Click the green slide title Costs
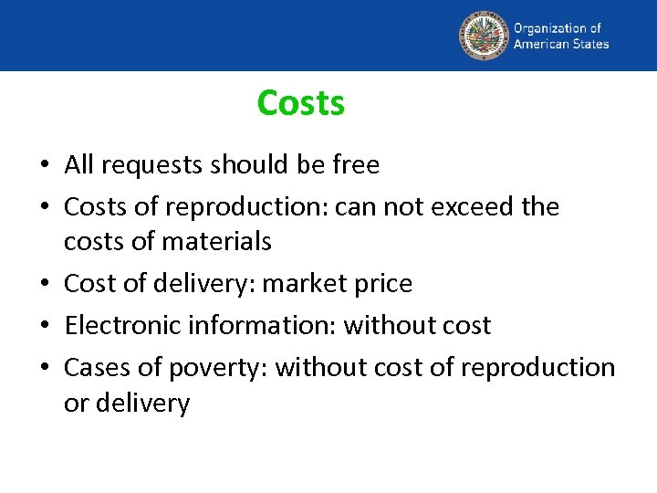click(300, 103)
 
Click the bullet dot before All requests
click(44, 166)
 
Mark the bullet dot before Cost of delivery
click(44, 285)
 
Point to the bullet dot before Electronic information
click(44, 326)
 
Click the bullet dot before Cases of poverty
click(44, 368)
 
